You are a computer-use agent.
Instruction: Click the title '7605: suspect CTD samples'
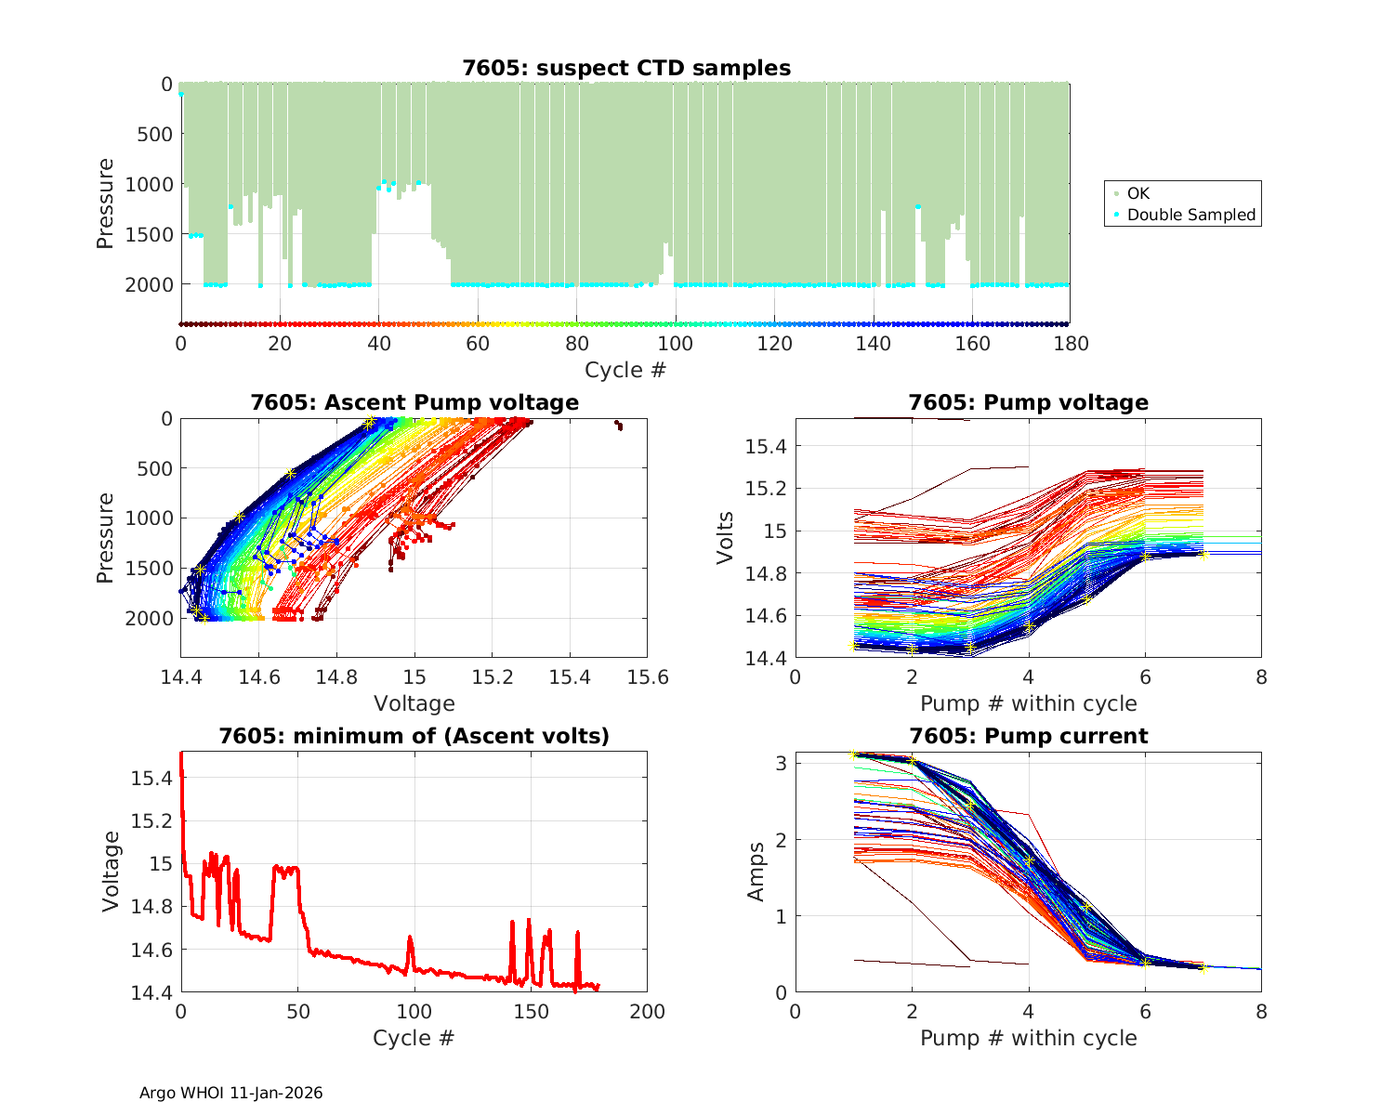click(x=626, y=68)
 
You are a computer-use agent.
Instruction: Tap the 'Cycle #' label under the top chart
click(x=625, y=370)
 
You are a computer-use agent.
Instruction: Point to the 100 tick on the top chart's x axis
click(x=676, y=344)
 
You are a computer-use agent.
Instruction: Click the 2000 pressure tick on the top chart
click(x=149, y=284)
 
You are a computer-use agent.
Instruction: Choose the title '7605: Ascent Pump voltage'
click(x=414, y=402)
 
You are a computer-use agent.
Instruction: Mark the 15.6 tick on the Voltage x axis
click(x=647, y=677)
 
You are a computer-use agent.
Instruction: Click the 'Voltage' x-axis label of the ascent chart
click(x=414, y=702)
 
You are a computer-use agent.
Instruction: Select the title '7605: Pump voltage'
click(x=1028, y=402)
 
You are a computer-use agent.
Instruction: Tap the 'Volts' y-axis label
click(x=727, y=538)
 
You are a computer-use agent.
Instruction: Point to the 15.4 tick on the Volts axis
click(x=767, y=447)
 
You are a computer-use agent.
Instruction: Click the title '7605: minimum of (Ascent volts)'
click(x=414, y=736)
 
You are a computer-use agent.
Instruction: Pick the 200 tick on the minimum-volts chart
click(x=647, y=1012)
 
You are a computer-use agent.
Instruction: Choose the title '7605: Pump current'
click(x=1028, y=736)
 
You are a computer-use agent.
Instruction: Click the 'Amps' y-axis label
click(x=756, y=871)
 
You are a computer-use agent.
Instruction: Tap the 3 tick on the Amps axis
click(x=782, y=763)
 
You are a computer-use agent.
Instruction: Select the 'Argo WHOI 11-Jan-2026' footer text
click(x=231, y=1093)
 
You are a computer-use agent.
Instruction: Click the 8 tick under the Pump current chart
click(x=1261, y=1012)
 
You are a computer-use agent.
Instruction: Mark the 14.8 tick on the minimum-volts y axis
click(x=151, y=907)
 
